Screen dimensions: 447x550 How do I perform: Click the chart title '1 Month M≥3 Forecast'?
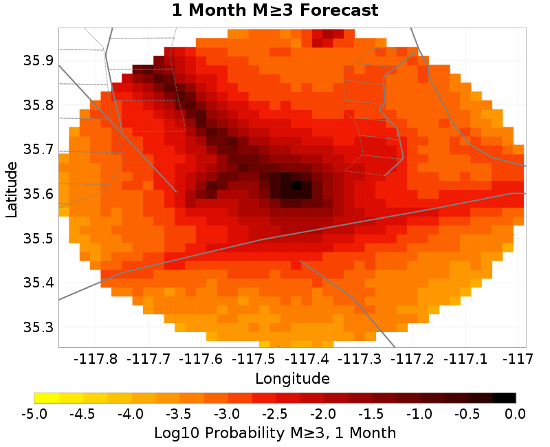(x=275, y=11)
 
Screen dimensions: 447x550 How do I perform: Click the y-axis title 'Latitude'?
(x=12, y=189)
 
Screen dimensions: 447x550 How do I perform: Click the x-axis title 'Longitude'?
(x=292, y=378)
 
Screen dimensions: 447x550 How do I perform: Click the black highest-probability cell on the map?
(x=296, y=185)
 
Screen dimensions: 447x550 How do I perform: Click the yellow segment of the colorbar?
(x=47, y=397)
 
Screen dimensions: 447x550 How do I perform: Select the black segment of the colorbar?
(x=504, y=397)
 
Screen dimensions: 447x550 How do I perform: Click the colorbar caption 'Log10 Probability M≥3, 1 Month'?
(x=275, y=433)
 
